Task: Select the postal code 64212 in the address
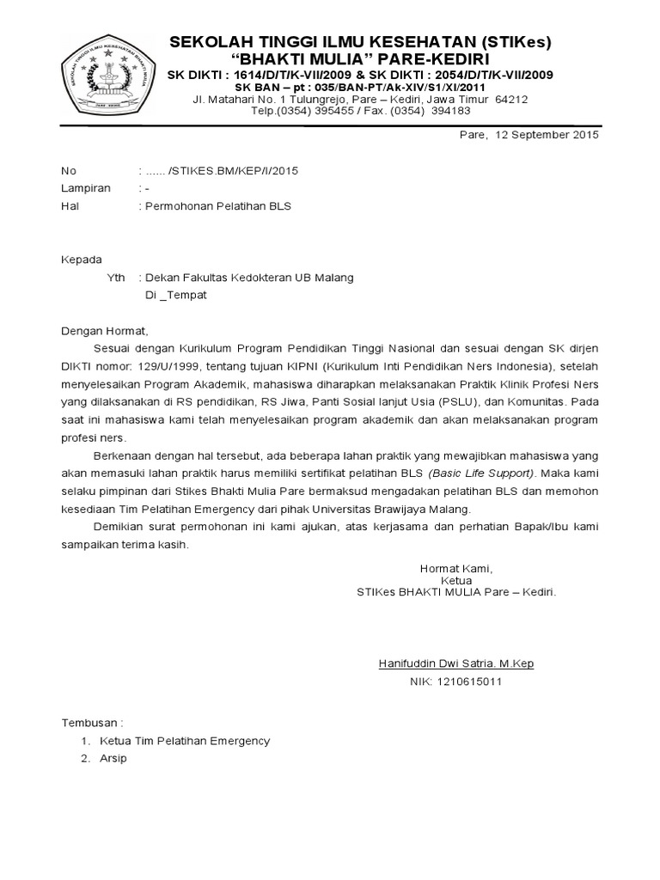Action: tap(511, 99)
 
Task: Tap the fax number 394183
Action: tap(450, 110)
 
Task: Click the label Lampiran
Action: tap(85, 188)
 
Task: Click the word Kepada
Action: tap(81, 260)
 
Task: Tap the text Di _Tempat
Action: tap(175, 295)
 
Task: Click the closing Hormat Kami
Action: tap(455, 568)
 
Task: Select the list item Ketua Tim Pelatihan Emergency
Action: tap(185, 741)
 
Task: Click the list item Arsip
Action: tap(113, 759)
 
